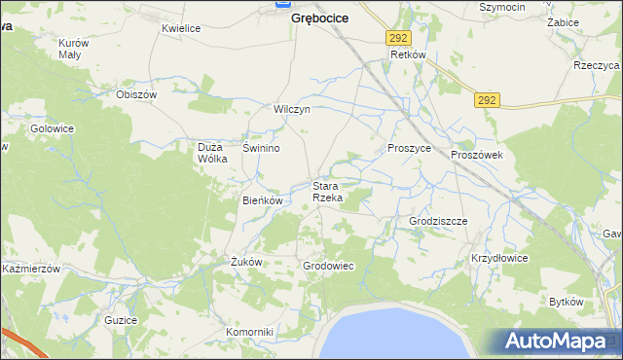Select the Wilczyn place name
coord(291,109)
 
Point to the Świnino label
coord(261,148)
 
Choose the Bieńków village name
coord(262,200)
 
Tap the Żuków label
coord(246,262)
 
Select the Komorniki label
coord(250,332)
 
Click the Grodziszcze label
coord(438,221)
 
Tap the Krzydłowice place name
coord(499,258)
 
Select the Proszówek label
coord(475,155)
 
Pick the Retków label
coord(408,55)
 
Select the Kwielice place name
coord(181,28)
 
